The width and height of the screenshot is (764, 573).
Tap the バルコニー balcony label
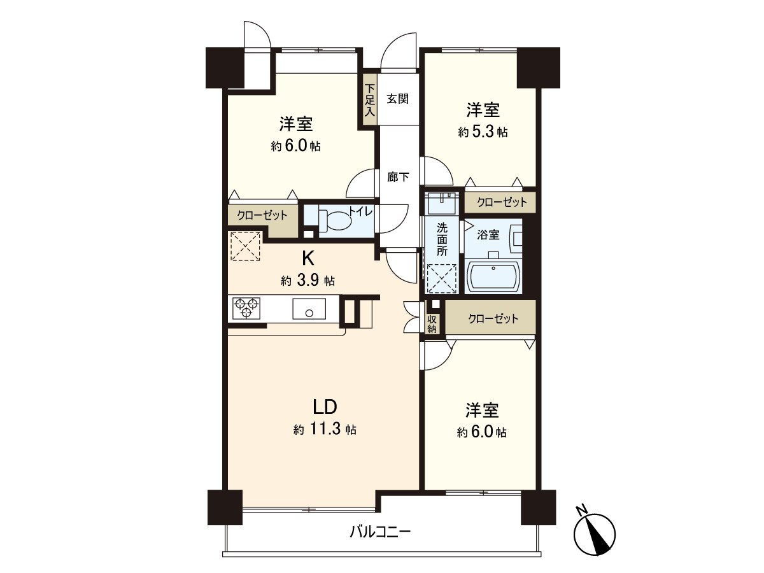(x=380, y=530)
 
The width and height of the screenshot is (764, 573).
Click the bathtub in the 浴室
(x=493, y=276)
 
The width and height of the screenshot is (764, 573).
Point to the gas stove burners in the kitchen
(x=246, y=309)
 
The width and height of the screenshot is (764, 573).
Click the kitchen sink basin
(x=309, y=309)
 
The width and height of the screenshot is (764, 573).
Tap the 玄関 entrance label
(x=397, y=99)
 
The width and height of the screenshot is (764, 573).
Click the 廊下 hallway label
(x=398, y=177)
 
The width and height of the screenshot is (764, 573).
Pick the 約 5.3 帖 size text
(x=483, y=132)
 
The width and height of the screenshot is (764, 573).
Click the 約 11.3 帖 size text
(x=324, y=430)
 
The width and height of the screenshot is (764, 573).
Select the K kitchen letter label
(x=308, y=258)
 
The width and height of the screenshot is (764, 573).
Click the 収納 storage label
(x=432, y=324)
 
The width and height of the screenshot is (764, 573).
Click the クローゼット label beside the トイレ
(x=262, y=215)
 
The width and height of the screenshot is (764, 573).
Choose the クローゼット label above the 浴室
(x=500, y=202)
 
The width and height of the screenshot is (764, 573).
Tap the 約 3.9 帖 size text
(x=308, y=281)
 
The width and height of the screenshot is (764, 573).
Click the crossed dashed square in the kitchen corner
(x=246, y=246)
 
